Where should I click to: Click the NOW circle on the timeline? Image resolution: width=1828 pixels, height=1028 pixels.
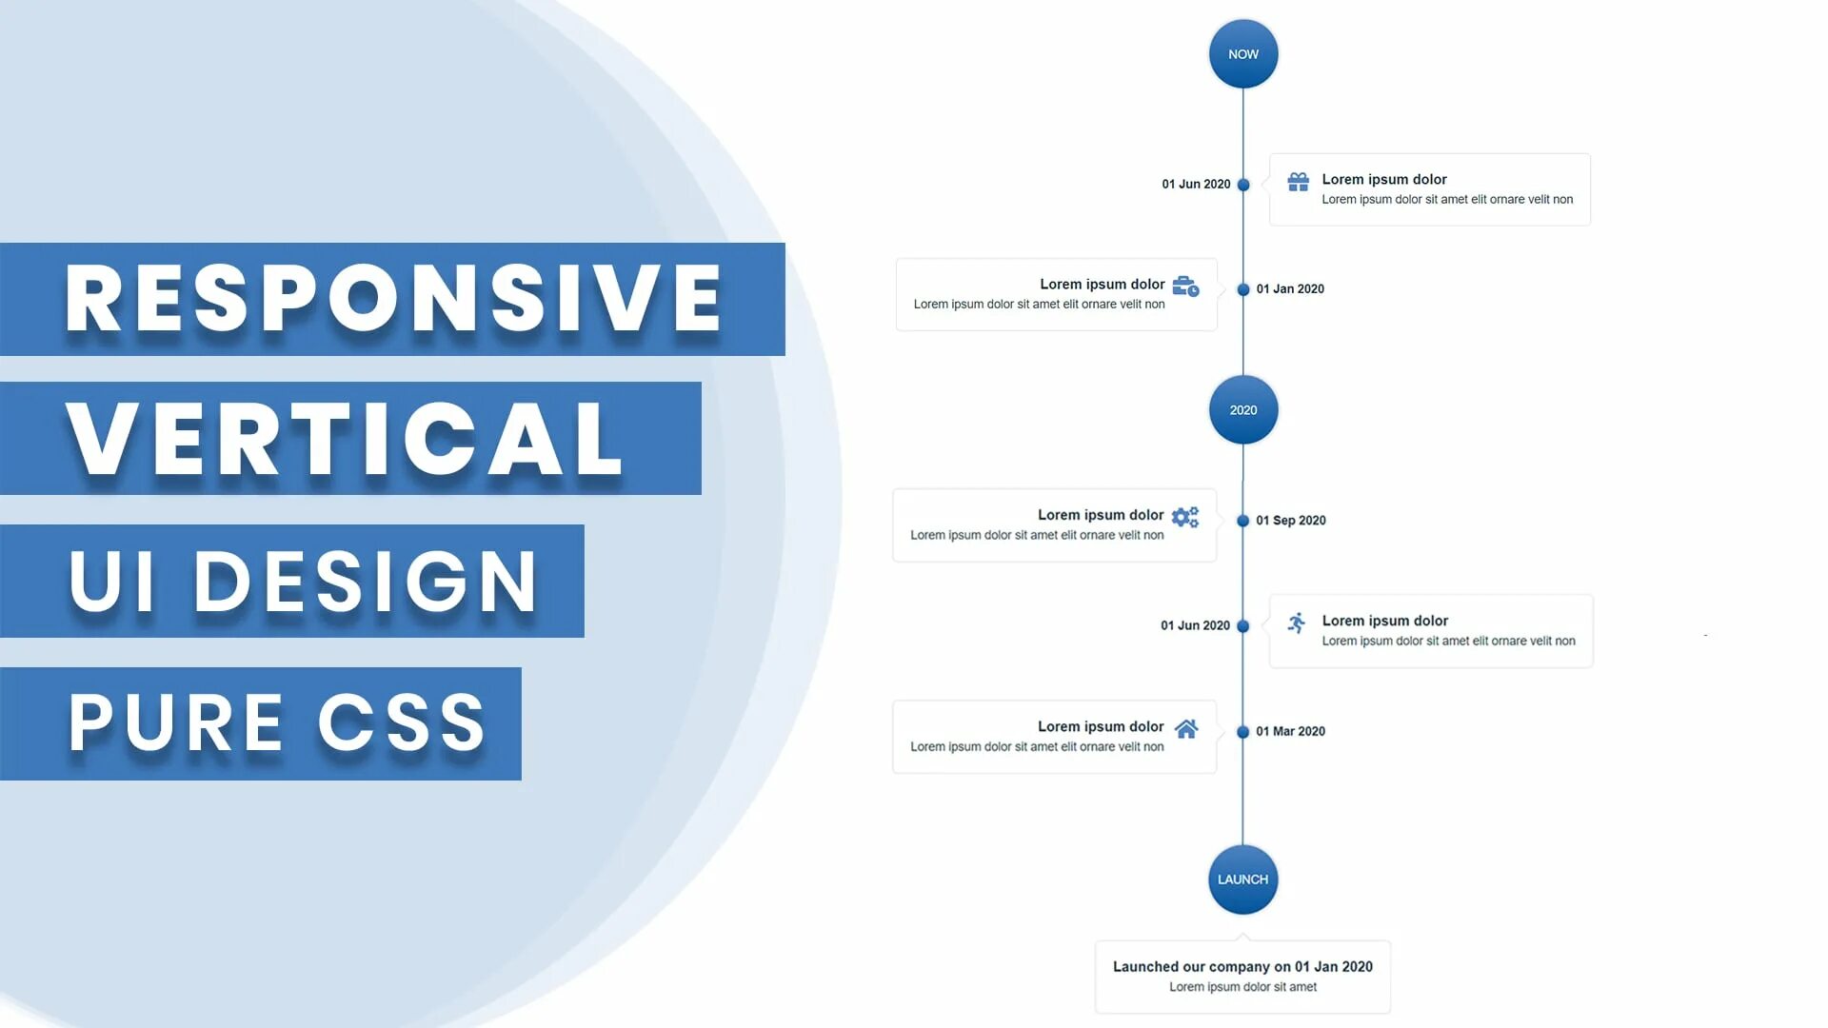pos(1243,54)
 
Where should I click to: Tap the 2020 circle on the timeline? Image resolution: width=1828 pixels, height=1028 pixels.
pos(1243,410)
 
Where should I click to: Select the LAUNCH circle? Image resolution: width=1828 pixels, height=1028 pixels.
pos(1243,880)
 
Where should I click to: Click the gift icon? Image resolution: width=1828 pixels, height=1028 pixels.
pos(1298,182)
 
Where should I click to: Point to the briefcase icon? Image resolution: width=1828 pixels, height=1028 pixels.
pos(1185,287)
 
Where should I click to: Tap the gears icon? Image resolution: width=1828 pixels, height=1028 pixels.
pos(1185,517)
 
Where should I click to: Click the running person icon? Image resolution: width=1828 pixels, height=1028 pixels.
pos(1297,623)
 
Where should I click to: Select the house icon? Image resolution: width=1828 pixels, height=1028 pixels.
pos(1186,729)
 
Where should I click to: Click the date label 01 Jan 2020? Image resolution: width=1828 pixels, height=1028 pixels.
pos(1290,289)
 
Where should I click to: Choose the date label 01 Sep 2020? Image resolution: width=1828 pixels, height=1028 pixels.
pos(1291,521)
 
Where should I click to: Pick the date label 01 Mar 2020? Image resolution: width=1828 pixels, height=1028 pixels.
pos(1291,732)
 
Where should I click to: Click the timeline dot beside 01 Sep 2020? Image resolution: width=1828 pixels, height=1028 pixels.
pos(1243,521)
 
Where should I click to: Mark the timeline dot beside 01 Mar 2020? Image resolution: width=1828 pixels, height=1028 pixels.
pos(1243,732)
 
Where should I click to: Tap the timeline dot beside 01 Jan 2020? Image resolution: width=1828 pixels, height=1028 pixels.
pos(1243,289)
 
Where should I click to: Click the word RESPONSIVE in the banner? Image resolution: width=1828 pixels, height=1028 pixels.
pos(393,299)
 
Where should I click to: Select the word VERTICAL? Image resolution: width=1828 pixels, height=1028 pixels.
pos(345,439)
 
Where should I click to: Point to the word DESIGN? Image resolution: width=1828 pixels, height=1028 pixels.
pos(367,582)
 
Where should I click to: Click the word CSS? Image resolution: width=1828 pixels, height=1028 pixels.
pos(402,722)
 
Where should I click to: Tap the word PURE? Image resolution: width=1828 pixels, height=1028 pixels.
pos(176,722)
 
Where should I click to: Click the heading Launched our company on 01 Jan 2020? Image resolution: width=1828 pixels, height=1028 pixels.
pos(1242,967)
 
